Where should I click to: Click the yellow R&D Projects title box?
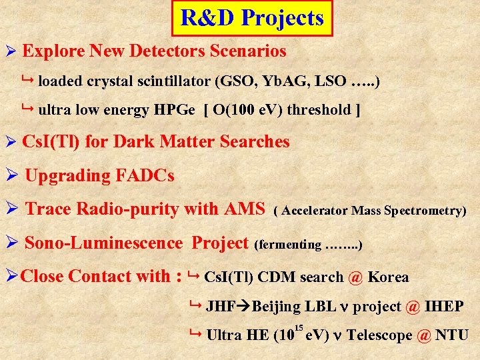pyautogui.click(x=251, y=18)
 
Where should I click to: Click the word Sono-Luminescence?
pyautogui.click(x=103, y=243)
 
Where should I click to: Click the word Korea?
pyautogui.click(x=388, y=277)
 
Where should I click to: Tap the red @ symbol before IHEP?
pyautogui.click(x=413, y=307)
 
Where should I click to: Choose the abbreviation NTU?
pyautogui.click(x=452, y=335)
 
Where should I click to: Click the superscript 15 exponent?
pyautogui.click(x=299, y=327)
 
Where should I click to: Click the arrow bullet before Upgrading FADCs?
pyautogui.click(x=10, y=176)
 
